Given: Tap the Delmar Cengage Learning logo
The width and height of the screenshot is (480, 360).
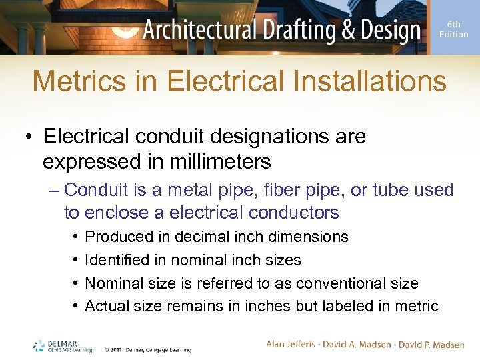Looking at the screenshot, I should coord(63,346).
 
